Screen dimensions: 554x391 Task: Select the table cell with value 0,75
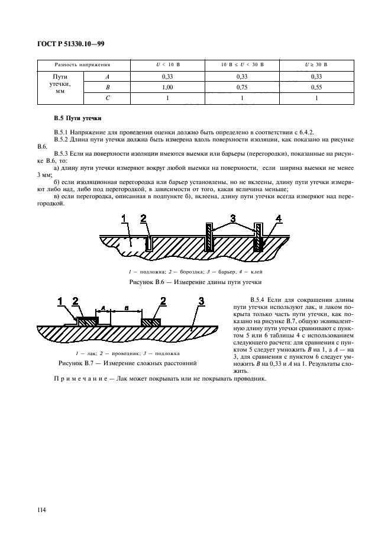(x=241, y=87)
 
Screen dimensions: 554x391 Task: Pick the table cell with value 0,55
(x=318, y=87)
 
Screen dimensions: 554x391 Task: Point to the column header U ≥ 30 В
(x=318, y=64)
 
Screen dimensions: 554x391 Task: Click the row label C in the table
(x=107, y=98)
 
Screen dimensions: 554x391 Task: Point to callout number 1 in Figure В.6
(x=125, y=220)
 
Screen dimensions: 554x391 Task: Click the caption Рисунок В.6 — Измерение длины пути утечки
(x=195, y=282)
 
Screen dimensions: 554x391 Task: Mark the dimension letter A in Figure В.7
(x=104, y=308)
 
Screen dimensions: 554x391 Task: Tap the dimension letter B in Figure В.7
(x=126, y=308)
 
